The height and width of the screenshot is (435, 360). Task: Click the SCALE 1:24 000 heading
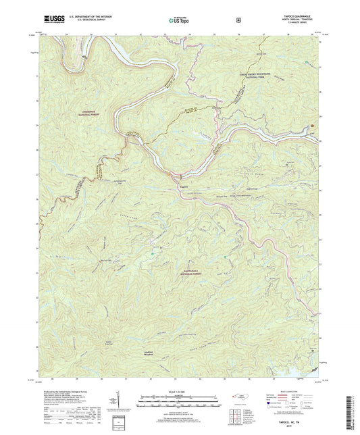tap(179, 392)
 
